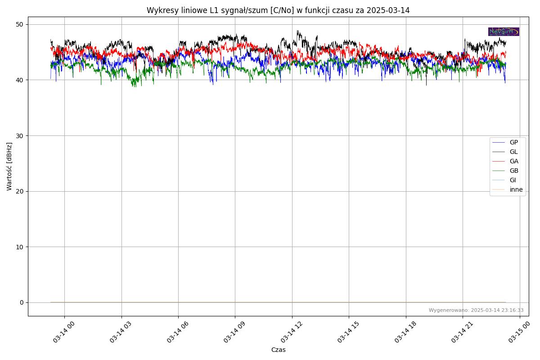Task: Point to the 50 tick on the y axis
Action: (x=21, y=24)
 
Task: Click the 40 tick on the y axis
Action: (x=21, y=80)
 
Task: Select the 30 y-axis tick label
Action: (x=21, y=135)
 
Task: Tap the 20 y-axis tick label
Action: (x=21, y=191)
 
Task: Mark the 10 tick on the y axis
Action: (x=21, y=247)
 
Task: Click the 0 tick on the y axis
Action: (x=22, y=302)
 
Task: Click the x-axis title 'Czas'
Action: (x=278, y=350)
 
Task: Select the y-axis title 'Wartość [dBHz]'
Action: (x=9, y=166)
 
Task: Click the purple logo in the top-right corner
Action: (x=504, y=31)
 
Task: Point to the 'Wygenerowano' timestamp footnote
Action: (x=476, y=310)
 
